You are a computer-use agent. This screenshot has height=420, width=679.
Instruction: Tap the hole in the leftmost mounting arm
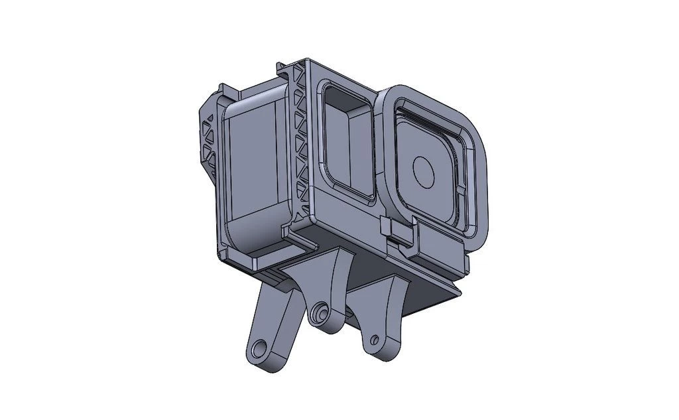(260, 348)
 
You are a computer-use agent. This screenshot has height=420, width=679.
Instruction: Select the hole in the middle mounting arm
(322, 311)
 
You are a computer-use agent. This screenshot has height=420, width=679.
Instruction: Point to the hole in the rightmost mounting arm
(374, 340)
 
